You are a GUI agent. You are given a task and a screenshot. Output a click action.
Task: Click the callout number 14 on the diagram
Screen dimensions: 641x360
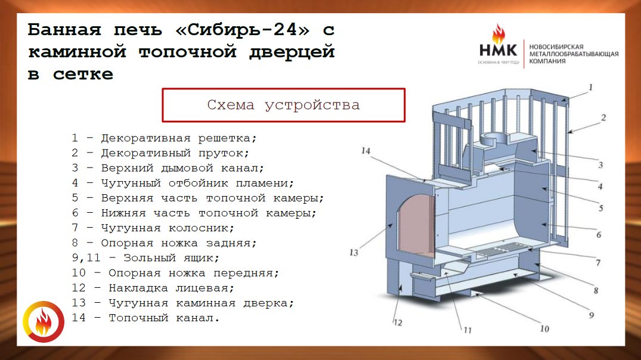point(366,151)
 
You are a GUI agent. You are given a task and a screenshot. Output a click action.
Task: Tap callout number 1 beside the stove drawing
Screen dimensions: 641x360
point(591,87)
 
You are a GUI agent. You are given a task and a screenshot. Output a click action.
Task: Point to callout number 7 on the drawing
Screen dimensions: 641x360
point(598,263)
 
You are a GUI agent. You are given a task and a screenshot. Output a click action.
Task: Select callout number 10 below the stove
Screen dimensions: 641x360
point(544,329)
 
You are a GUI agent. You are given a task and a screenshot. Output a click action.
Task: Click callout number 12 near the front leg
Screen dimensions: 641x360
point(398,323)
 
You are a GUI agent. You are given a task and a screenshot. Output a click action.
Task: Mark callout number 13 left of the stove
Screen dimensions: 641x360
point(354,253)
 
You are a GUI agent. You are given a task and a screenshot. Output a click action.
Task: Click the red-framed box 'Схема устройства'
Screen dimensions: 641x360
point(284,105)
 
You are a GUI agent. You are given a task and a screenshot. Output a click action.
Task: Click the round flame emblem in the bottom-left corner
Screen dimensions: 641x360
point(44,322)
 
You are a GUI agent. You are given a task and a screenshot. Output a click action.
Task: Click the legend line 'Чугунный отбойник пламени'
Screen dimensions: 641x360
point(182,183)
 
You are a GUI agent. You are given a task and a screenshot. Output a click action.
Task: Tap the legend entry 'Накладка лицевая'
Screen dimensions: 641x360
point(153,288)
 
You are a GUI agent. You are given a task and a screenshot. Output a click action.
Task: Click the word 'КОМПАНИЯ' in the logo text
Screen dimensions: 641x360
point(547,61)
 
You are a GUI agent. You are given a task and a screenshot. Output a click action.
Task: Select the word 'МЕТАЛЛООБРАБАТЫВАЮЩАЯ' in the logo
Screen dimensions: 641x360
point(574,54)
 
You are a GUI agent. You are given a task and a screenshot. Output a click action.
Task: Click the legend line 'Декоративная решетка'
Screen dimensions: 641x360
point(164,138)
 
